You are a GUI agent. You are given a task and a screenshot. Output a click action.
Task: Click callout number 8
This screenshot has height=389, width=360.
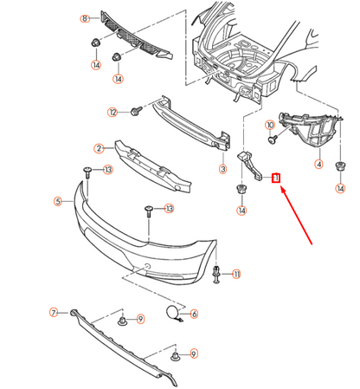click(x=85, y=18)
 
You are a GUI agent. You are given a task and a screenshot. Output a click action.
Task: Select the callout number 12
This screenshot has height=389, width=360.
click(x=112, y=112)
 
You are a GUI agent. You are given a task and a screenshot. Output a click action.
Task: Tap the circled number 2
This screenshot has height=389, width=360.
click(x=100, y=148)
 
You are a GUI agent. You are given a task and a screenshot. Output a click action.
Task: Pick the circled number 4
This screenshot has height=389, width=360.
click(x=318, y=165)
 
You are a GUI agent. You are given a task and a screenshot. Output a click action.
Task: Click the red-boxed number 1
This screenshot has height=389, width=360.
click(x=276, y=178)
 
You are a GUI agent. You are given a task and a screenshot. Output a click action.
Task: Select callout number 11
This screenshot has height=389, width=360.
click(x=236, y=275)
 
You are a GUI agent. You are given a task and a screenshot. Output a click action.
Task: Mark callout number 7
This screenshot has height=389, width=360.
click(x=53, y=312)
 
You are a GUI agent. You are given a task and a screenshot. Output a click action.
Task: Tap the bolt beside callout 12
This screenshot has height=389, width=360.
click(x=136, y=111)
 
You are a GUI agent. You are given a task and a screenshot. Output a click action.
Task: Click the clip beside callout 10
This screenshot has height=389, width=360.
click(x=273, y=136)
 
